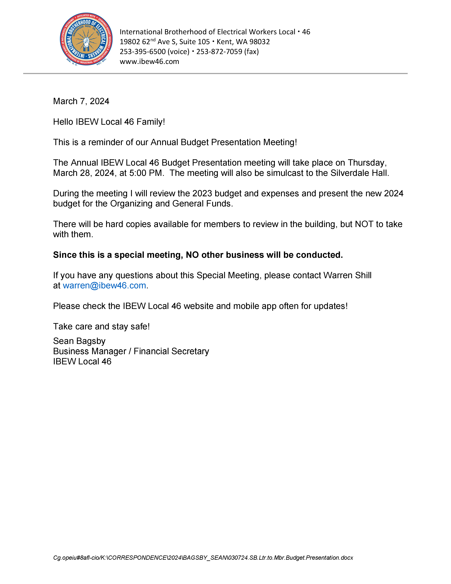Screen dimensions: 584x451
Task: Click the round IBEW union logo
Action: coord(86,39)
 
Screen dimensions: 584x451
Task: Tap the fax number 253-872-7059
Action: coord(219,52)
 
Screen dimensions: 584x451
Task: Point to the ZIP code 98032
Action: coord(259,42)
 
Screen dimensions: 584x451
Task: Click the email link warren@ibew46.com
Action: coord(104,286)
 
